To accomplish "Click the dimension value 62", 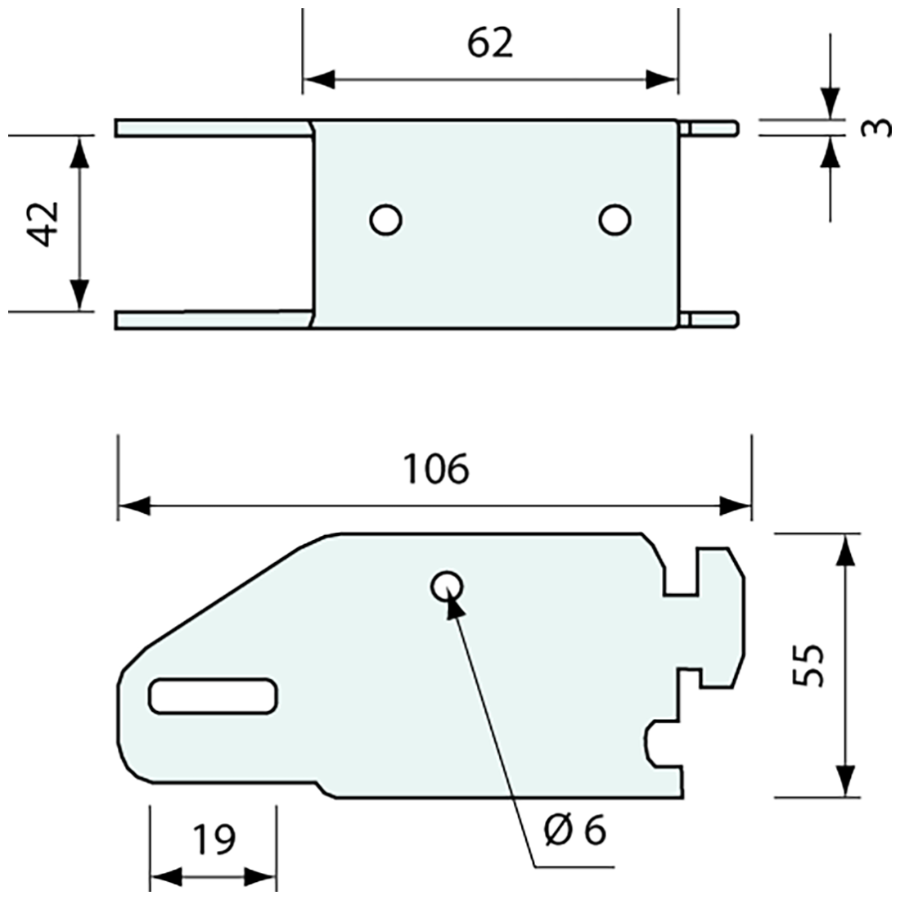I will [x=490, y=43].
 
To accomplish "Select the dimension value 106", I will [x=436, y=470].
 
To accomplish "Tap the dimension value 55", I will [x=808, y=664].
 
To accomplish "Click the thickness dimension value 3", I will [x=877, y=128].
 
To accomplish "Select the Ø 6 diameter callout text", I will [x=574, y=831].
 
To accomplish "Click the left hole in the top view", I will [x=385, y=219].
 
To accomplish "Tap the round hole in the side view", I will [x=447, y=586].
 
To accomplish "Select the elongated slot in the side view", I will [x=214, y=696].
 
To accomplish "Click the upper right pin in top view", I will [x=712, y=128].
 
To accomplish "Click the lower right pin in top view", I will [x=712, y=319].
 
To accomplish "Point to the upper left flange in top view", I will [x=213, y=128].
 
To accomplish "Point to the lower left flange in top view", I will [x=213, y=319].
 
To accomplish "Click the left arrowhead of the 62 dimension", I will [x=319, y=79].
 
